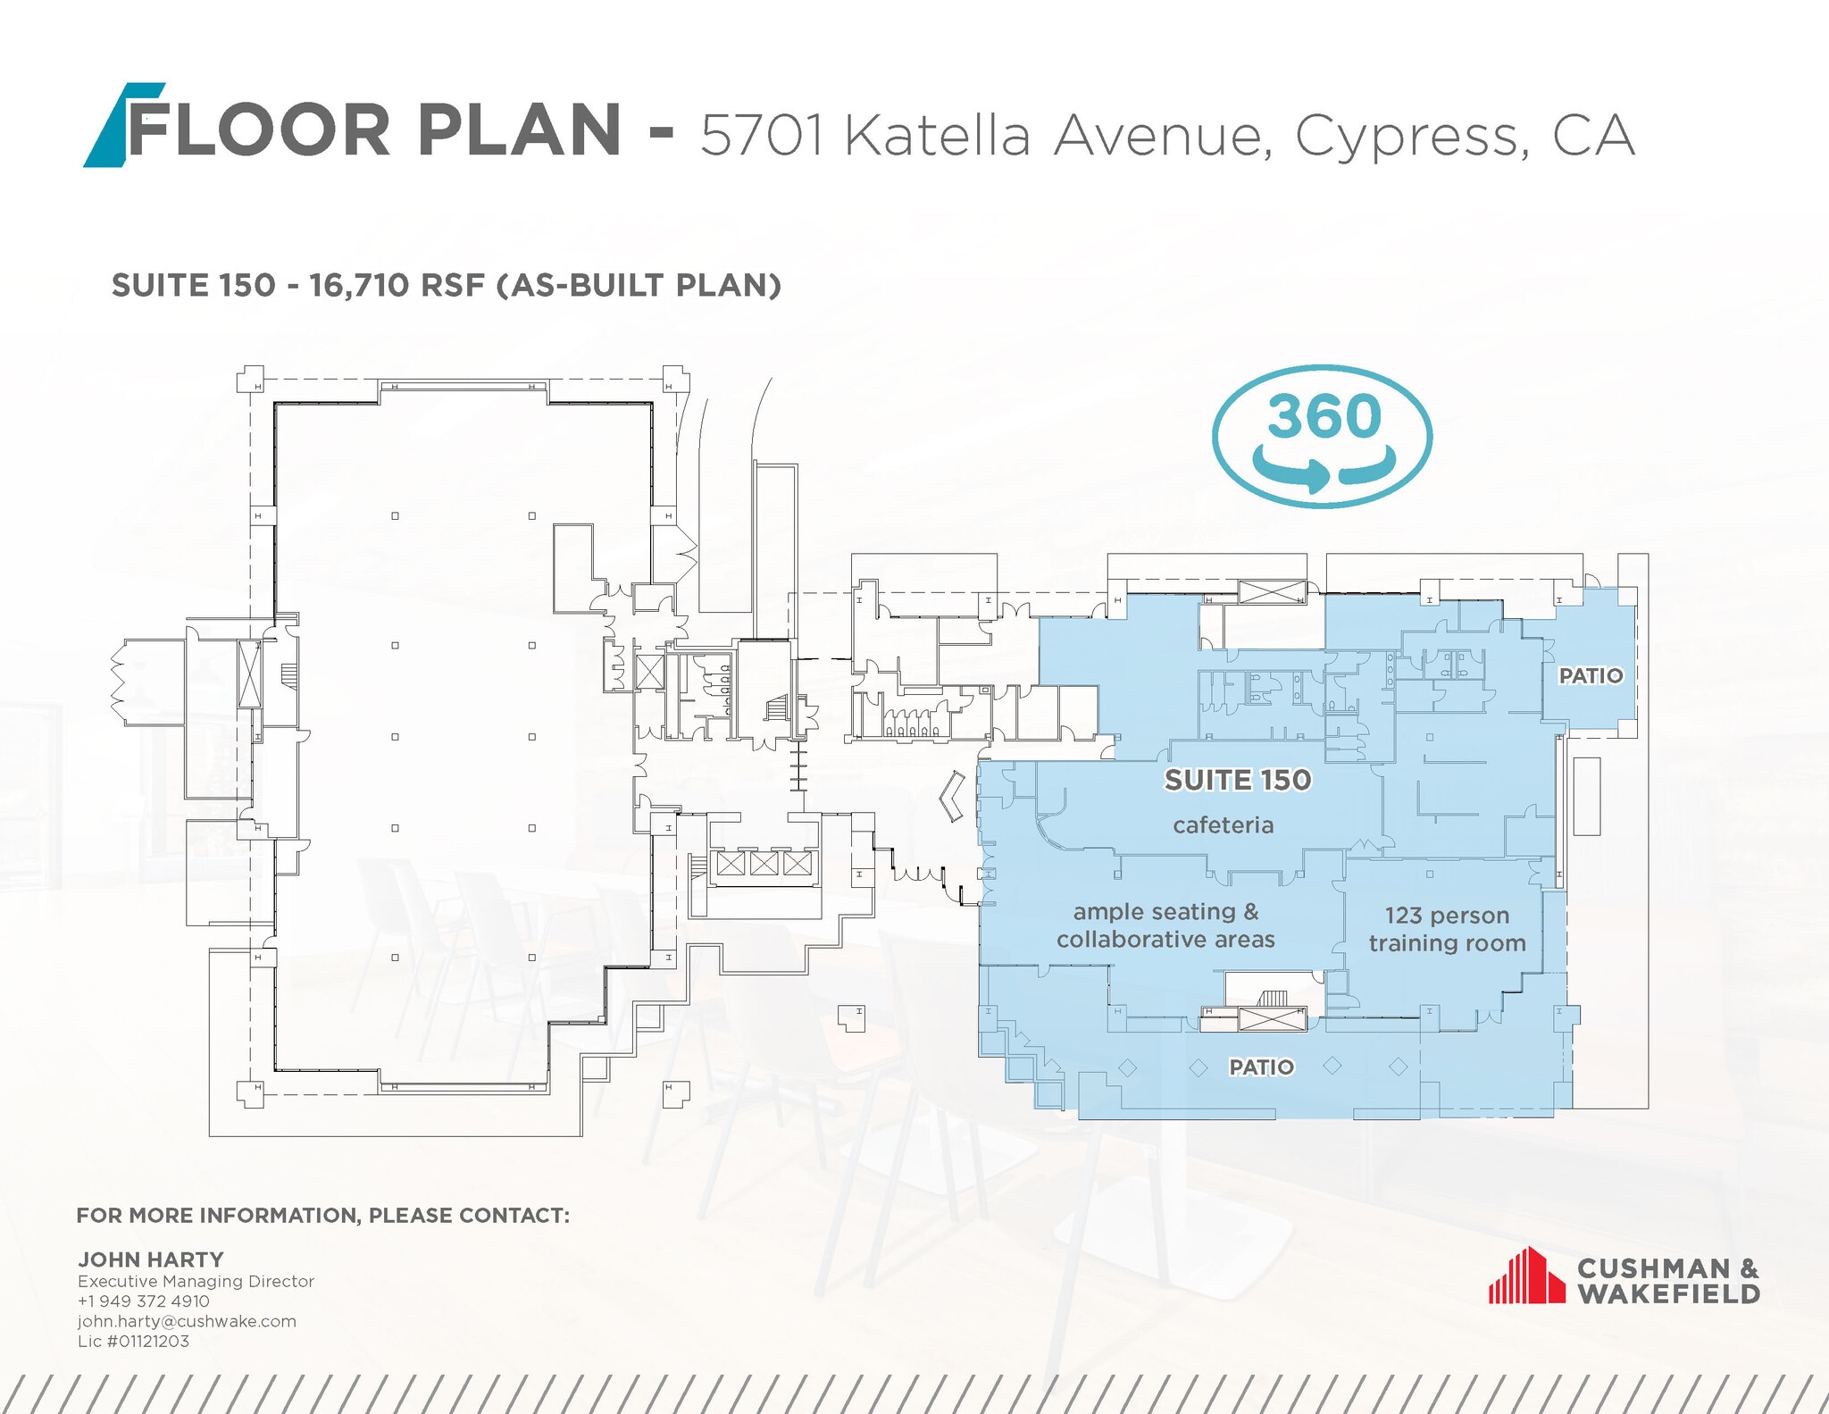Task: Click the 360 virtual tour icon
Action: [1322, 437]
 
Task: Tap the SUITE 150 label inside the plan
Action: [1237, 780]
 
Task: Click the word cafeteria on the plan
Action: [1223, 825]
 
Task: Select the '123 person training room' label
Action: [1447, 929]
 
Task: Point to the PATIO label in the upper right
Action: [1591, 676]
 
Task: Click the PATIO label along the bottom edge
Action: [1261, 1067]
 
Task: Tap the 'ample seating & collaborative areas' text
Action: [1165, 925]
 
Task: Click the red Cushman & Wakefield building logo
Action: [1526, 1276]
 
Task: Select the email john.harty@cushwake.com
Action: [187, 1321]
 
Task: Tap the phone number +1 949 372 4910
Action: [144, 1301]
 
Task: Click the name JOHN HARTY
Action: [151, 1259]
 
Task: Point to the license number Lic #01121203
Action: [134, 1341]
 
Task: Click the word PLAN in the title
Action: [519, 130]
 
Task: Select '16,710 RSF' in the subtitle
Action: [397, 286]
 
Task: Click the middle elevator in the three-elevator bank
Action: [764, 863]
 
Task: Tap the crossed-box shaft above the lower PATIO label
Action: [1273, 1018]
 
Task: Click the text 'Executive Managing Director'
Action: [196, 1281]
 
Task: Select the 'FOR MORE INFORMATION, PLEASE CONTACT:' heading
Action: [322, 1216]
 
